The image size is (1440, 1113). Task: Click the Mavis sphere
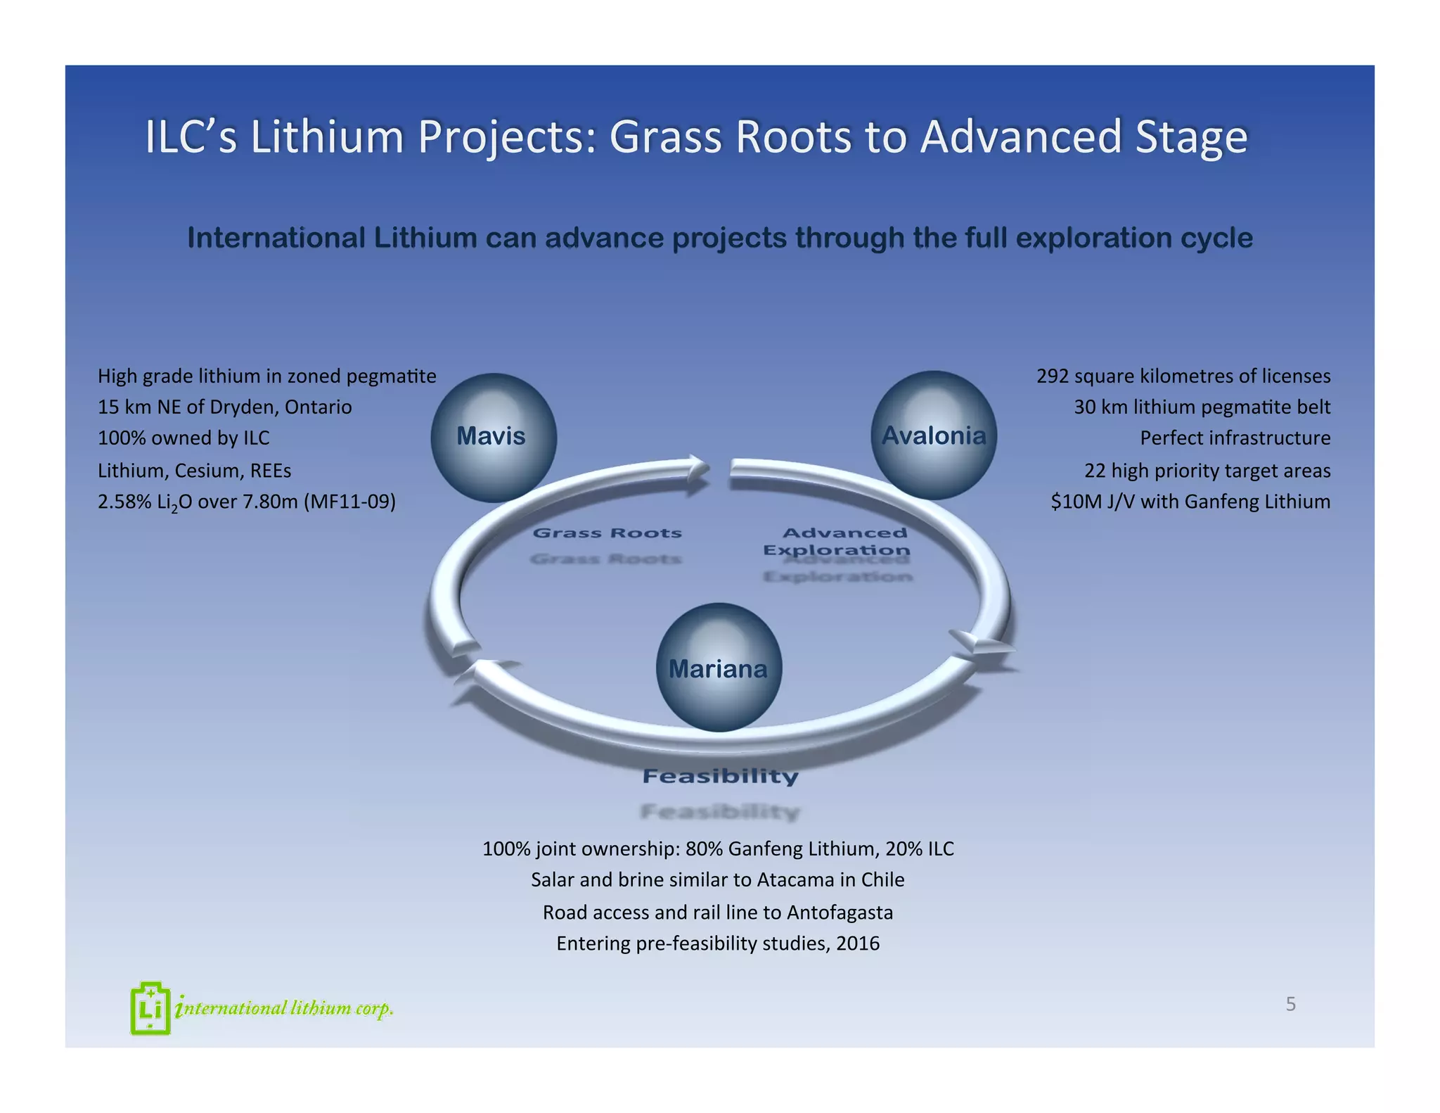tap(493, 437)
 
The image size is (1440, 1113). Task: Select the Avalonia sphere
tap(933, 435)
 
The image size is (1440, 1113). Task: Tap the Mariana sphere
tap(718, 668)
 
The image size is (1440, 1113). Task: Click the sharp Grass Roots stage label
tap(607, 533)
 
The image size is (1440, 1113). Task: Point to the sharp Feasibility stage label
tap(720, 776)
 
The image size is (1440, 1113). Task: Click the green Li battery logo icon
tap(150, 1008)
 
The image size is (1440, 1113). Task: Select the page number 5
tap(1290, 1004)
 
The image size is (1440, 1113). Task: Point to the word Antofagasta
tap(840, 912)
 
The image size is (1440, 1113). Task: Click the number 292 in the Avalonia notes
tap(1053, 376)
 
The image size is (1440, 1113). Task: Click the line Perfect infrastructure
tap(1235, 438)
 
